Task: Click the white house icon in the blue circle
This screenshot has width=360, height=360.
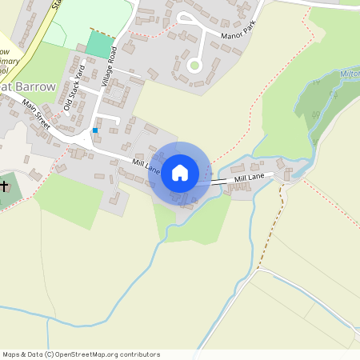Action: point(180,172)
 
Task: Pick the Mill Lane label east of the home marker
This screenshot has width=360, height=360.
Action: point(250,177)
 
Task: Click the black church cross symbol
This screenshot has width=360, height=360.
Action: point(5,186)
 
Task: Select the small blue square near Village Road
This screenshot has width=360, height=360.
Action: point(95,130)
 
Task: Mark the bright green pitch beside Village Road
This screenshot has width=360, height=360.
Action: point(99,44)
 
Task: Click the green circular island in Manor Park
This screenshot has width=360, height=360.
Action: point(194,65)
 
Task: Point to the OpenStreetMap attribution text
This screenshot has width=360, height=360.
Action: point(81,354)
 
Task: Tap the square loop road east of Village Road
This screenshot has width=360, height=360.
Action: point(114,94)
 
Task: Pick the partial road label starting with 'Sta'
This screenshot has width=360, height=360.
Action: point(57,4)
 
